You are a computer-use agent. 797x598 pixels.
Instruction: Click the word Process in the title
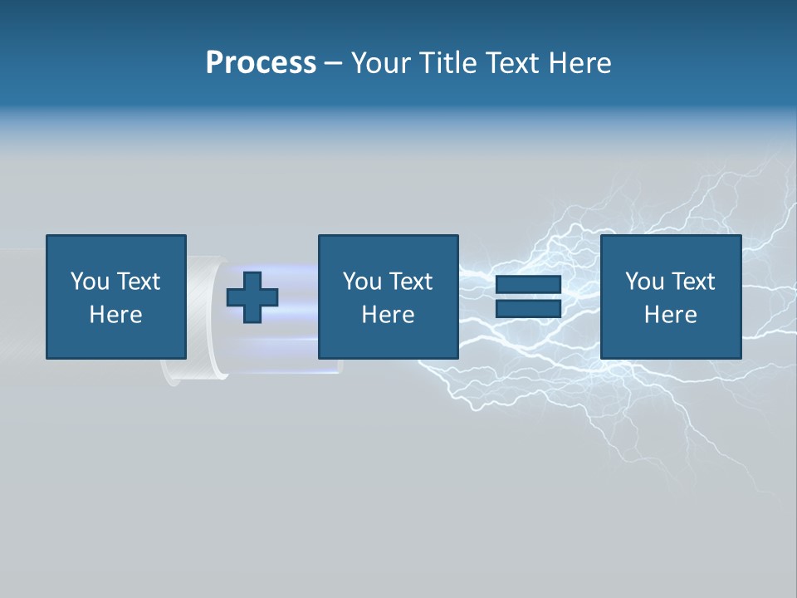pos(261,63)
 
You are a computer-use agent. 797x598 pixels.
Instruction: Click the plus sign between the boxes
pos(252,297)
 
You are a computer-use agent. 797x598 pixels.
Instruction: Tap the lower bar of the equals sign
pos(528,308)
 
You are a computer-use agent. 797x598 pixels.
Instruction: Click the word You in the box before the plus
pos(89,282)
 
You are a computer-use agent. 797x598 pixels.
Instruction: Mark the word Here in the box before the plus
pos(115,315)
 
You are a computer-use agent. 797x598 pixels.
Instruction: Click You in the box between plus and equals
pos(362,282)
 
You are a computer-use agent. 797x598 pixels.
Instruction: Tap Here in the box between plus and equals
pos(388,315)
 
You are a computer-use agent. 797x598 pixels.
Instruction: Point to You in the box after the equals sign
pos(644,282)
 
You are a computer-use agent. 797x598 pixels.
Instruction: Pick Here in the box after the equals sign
pos(670,315)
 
